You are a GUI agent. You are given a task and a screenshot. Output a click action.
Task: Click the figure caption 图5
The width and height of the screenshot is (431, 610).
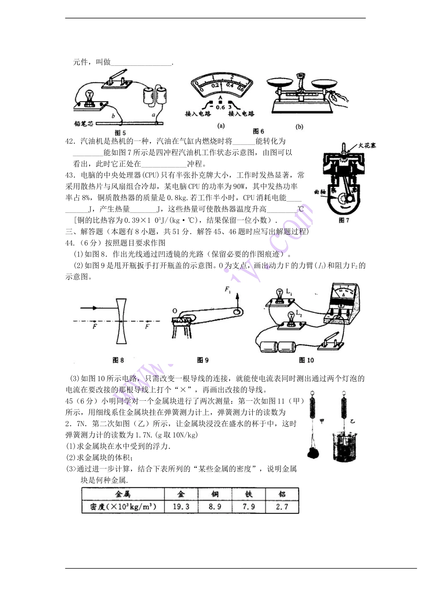click(x=120, y=133)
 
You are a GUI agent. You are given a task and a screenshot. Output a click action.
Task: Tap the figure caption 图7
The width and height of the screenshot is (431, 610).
click(x=344, y=220)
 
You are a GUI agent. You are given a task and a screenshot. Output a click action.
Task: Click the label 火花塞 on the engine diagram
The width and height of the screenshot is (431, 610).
click(x=367, y=146)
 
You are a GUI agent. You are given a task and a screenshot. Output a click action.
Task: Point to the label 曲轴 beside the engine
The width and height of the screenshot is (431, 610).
click(x=320, y=192)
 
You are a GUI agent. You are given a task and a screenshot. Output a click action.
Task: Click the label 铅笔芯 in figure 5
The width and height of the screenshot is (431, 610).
click(x=84, y=123)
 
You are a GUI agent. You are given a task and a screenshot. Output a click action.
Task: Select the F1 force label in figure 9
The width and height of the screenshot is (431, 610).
click(x=228, y=290)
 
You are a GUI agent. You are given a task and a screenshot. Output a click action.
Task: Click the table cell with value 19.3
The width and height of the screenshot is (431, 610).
click(x=181, y=507)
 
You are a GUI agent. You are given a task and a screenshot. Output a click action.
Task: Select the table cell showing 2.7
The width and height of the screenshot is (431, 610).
click(x=282, y=507)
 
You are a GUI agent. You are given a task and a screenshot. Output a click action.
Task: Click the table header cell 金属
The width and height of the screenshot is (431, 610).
click(x=123, y=494)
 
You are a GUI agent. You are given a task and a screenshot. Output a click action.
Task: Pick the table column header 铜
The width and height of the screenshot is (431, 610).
click(x=215, y=494)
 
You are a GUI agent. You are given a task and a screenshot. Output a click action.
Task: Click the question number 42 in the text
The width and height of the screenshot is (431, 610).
click(x=70, y=142)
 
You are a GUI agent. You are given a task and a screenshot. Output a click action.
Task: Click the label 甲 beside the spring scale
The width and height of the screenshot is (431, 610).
click(x=322, y=421)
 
